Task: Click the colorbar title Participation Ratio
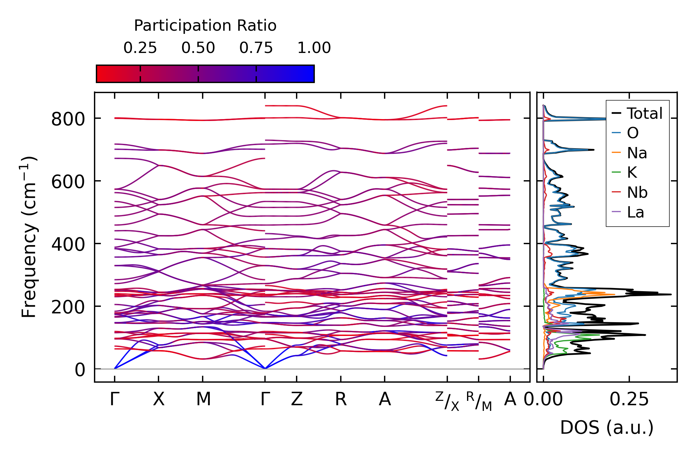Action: point(205,26)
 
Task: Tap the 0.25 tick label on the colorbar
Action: point(140,48)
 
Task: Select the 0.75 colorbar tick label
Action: point(256,48)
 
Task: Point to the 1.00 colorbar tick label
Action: point(314,48)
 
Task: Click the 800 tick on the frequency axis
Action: point(68,119)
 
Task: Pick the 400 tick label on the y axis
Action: point(68,244)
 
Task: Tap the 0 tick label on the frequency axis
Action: point(80,370)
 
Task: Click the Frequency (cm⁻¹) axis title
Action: point(29,237)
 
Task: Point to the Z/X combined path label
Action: point(447,401)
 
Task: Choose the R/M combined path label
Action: point(479,401)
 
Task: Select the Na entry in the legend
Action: point(637,153)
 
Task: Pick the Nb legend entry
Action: point(637,192)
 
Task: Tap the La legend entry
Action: point(636,212)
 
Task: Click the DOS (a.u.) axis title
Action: point(607,427)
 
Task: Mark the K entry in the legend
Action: point(632,172)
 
